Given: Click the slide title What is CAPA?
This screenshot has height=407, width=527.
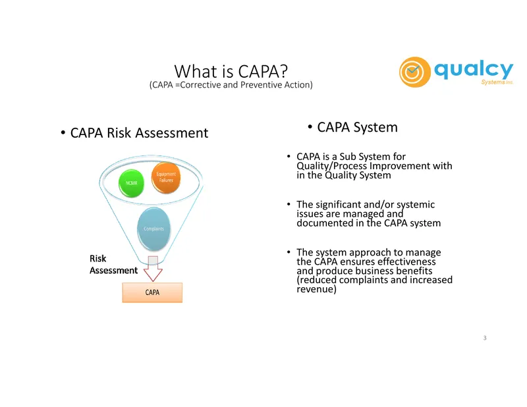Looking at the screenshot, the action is coord(231,71).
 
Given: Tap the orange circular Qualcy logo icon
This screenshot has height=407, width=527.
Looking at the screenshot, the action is coord(415,72).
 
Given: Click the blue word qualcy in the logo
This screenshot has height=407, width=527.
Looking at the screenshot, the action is coord(474,70).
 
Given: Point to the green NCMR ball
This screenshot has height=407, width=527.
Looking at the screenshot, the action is coord(131,183).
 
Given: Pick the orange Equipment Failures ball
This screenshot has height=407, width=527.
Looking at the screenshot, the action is coord(166,177).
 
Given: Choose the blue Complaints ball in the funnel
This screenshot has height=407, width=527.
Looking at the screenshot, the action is coord(153,229).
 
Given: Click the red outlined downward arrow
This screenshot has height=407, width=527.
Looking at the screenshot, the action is coord(153,269).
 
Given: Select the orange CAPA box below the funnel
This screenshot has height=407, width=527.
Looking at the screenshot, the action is coord(152,292).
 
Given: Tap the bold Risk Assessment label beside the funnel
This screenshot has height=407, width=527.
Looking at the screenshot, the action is coord(113,265).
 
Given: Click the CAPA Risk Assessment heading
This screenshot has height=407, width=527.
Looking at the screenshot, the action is coord(139,133).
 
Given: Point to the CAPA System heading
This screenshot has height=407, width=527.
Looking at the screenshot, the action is coord(357,127).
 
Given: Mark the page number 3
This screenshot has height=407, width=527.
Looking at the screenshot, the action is coord(485,338).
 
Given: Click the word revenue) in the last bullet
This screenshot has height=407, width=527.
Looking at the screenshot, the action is coord(316,289).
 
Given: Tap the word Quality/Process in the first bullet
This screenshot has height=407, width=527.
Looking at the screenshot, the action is coord(331,166).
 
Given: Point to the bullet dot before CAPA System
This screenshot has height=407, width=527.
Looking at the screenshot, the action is coord(310,127).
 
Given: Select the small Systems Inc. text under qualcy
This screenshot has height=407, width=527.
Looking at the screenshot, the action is coord(497,82).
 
